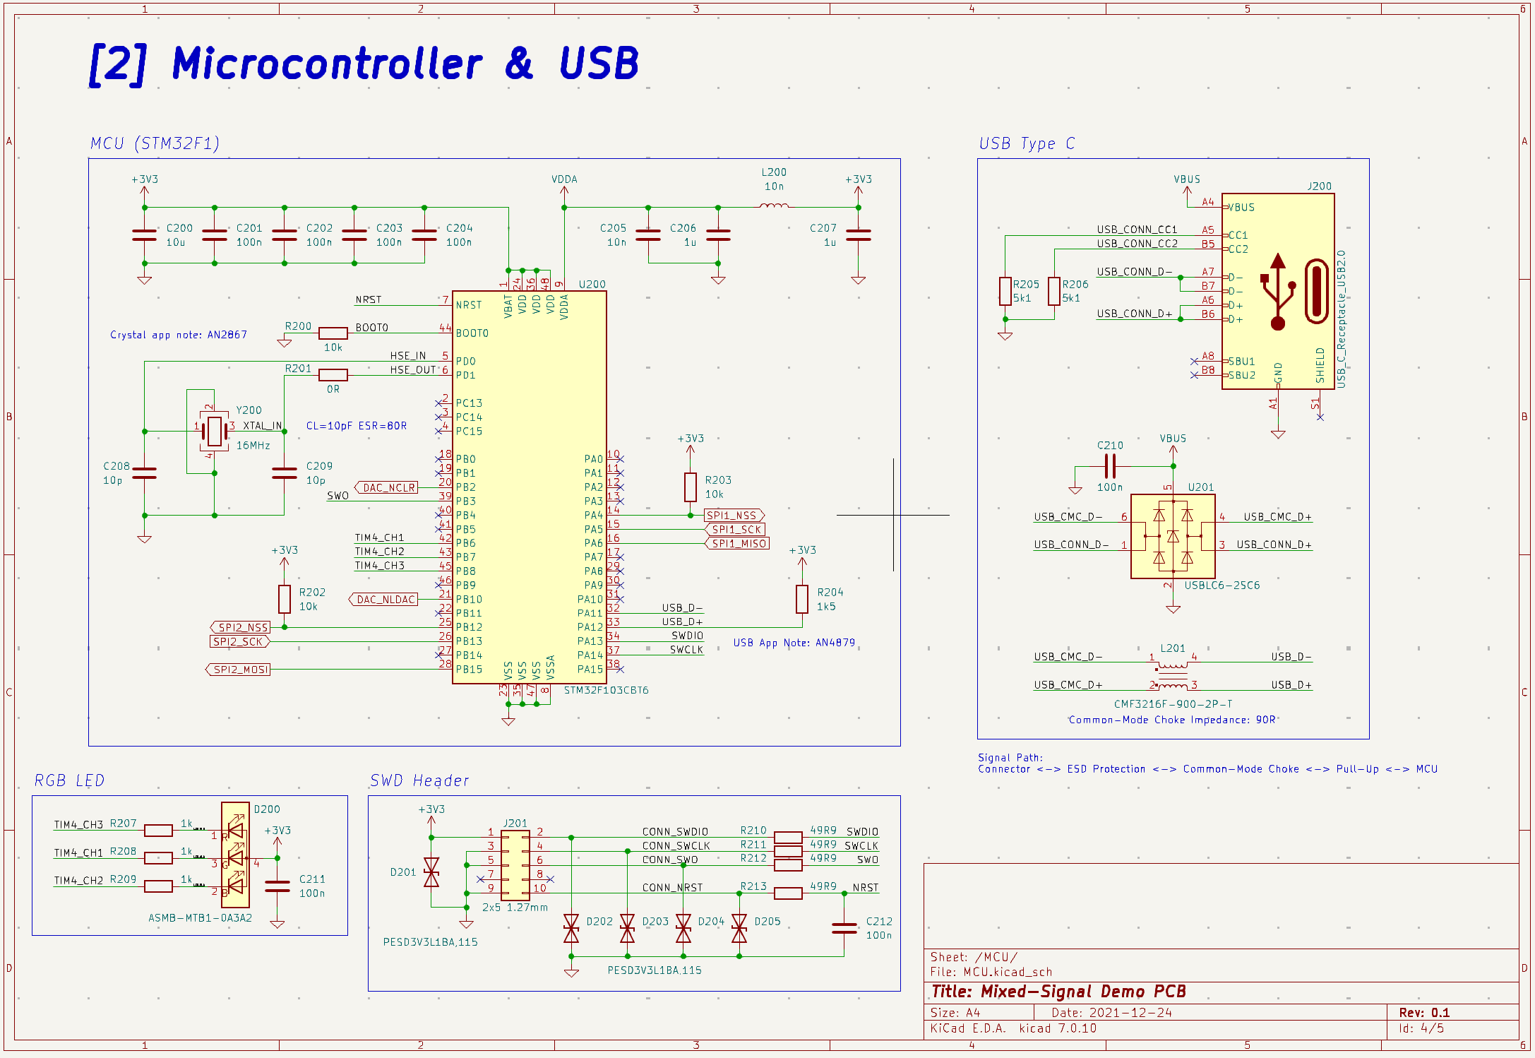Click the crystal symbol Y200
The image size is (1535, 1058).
pyautogui.click(x=214, y=430)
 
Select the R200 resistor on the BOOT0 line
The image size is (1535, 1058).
pyautogui.click(x=333, y=333)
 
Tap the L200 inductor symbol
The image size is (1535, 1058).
pyautogui.click(x=774, y=206)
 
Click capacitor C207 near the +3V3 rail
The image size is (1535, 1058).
pyautogui.click(x=858, y=235)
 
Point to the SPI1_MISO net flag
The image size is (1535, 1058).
pyautogui.click(x=737, y=543)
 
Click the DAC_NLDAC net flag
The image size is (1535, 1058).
pyautogui.click(x=384, y=599)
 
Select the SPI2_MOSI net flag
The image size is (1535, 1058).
pyautogui.click(x=239, y=669)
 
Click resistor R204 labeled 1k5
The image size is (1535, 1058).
pyautogui.click(x=802, y=599)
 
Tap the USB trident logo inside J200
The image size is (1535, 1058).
pyautogui.click(x=1277, y=292)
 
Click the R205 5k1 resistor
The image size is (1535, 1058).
pyautogui.click(x=1005, y=291)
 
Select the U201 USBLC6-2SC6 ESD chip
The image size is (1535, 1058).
pyautogui.click(x=1173, y=536)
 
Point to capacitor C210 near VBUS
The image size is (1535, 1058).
pyautogui.click(x=1110, y=466)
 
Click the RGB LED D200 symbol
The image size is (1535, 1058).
pyautogui.click(x=235, y=855)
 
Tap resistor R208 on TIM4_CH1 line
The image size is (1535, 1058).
pyautogui.click(x=158, y=858)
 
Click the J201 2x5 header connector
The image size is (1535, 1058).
pyautogui.click(x=515, y=864)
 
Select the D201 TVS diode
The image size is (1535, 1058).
pyautogui.click(x=431, y=872)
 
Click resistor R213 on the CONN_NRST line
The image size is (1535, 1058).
pyautogui.click(x=788, y=893)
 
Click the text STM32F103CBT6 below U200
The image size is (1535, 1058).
pyautogui.click(x=606, y=690)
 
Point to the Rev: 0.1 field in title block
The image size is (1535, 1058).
pyautogui.click(x=1424, y=1012)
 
